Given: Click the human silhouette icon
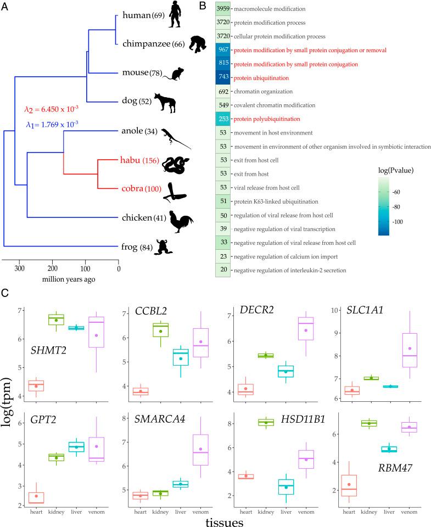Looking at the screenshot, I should (x=175, y=15).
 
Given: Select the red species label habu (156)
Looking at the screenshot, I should (x=138, y=161).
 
